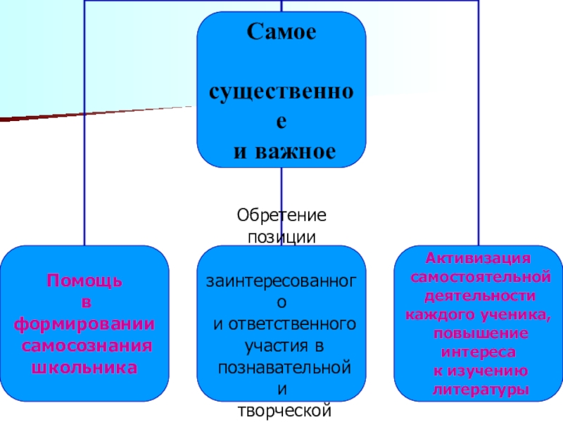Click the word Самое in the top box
click(281, 33)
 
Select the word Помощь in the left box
click(84, 281)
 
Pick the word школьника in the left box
click(84, 367)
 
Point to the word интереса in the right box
click(478, 350)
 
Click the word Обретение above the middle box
click(281, 213)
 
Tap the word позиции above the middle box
click(281, 235)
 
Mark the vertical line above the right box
click(479, 141)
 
